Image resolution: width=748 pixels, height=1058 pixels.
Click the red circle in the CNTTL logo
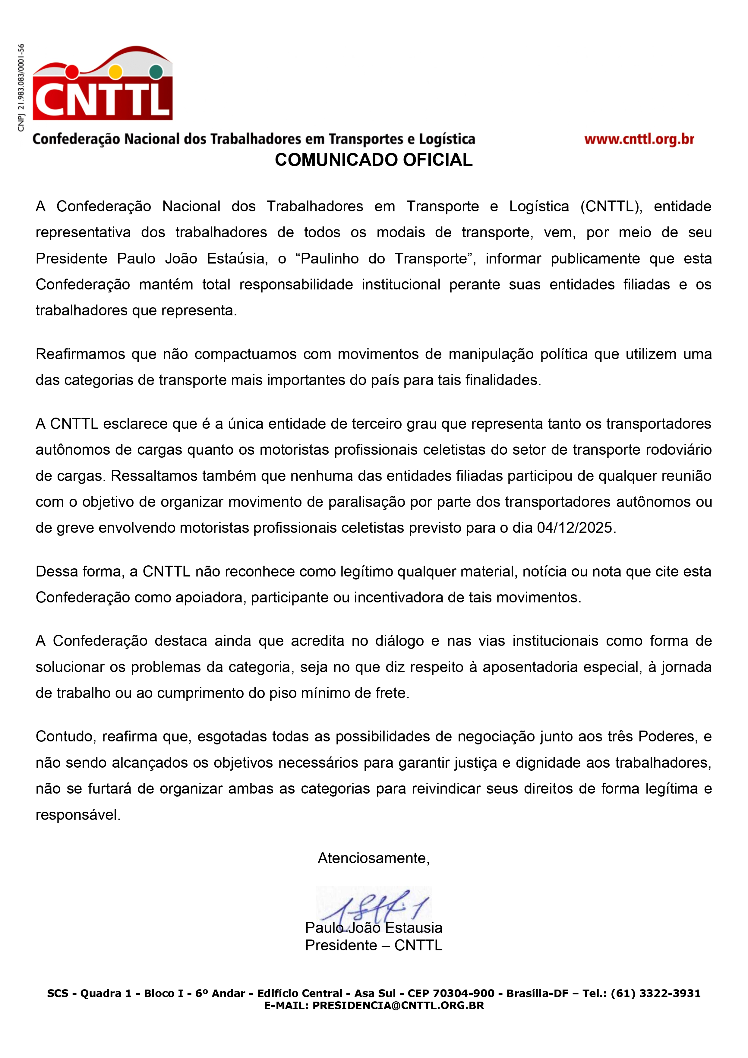(72, 72)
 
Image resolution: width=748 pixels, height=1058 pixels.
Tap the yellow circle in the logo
(115, 72)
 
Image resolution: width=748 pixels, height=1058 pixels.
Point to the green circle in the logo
(156, 71)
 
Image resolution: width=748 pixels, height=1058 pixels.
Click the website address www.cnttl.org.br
(639, 139)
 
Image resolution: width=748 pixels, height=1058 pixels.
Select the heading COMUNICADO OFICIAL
(374, 160)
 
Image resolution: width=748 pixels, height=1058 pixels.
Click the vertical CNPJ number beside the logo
(21, 87)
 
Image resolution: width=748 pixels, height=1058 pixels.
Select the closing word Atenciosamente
(373, 858)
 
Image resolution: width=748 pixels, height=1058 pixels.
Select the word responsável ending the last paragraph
(77, 815)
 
